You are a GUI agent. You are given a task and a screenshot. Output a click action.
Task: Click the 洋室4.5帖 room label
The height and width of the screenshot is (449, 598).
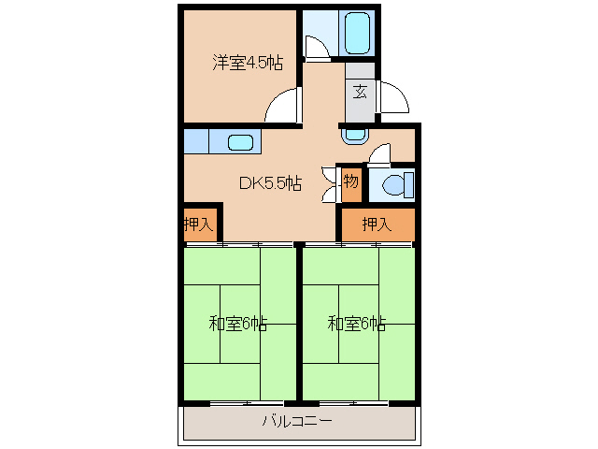(247, 63)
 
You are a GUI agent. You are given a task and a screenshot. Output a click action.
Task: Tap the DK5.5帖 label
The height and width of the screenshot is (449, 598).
(269, 183)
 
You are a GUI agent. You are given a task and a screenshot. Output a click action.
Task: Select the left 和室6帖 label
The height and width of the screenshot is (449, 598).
(237, 324)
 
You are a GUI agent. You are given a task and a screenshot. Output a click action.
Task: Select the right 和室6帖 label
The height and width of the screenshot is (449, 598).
(356, 324)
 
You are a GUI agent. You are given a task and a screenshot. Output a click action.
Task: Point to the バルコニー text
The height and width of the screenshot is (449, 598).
(296, 423)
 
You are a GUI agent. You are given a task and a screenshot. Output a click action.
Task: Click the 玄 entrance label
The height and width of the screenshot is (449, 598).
(360, 91)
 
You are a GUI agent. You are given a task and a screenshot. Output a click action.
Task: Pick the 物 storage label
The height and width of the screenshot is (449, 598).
(350, 180)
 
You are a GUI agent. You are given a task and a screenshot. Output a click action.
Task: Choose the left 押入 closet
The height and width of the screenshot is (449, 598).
(198, 224)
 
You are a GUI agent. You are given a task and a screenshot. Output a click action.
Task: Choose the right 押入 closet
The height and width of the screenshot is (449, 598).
(376, 224)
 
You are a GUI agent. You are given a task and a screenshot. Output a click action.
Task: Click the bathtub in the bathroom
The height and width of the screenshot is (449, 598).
(358, 34)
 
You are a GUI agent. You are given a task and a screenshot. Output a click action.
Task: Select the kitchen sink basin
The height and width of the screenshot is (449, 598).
(240, 142)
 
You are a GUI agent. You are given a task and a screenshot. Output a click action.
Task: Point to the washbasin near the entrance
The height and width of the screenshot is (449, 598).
(354, 135)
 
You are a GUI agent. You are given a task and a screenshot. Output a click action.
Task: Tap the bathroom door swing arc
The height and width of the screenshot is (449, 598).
(317, 48)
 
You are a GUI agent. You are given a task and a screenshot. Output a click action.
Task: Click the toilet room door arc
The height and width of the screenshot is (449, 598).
(380, 154)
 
